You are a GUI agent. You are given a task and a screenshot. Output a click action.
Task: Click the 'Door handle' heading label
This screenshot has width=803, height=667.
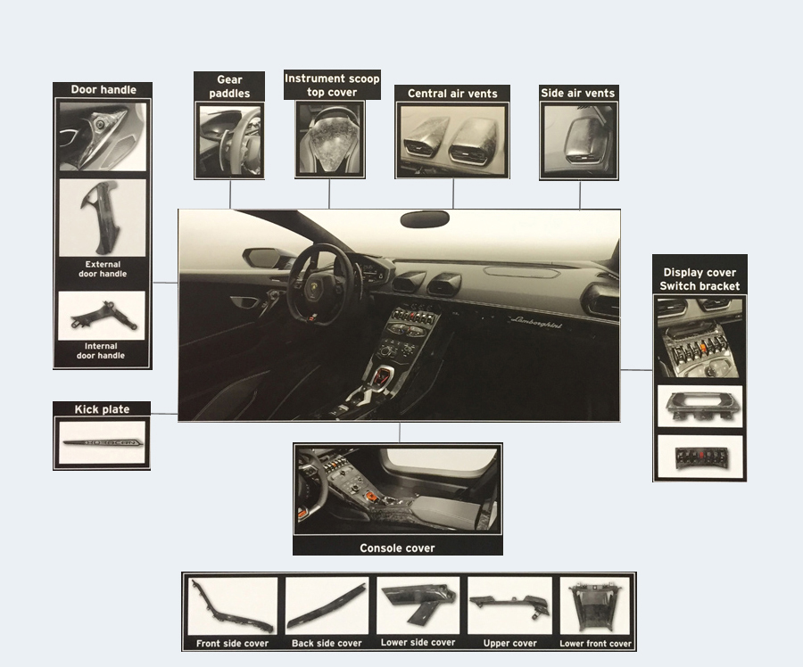click(103, 89)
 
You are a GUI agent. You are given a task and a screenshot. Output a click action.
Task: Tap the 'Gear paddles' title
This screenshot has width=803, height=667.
click(229, 86)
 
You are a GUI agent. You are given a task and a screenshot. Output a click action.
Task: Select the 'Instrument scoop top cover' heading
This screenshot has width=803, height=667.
click(332, 86)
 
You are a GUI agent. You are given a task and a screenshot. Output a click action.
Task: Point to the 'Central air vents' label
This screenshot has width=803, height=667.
click(452, 94)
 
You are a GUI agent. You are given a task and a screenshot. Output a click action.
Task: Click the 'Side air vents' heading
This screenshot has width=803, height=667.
click(577, 93)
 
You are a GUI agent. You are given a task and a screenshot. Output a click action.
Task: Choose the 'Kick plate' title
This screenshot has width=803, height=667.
click(102, 409)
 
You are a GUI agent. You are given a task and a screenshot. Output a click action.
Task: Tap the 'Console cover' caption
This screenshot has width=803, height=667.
click(397, 548)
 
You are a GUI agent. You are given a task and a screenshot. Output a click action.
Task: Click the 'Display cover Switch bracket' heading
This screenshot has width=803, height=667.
click(700, 279)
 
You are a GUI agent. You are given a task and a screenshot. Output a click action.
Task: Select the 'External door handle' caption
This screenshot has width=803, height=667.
click(103, 269)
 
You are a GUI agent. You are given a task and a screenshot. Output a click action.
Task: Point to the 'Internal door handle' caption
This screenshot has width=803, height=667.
click(101, 350)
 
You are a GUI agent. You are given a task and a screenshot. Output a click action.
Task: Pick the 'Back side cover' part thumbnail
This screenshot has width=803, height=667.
click(327, 606)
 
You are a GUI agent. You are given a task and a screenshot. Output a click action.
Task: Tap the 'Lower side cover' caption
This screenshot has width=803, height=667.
click(418, 642)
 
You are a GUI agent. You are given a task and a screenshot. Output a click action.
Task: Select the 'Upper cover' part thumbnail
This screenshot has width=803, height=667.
click(510, 606)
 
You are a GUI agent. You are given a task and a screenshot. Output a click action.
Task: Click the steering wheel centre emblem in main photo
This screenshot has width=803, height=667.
click(312, 290)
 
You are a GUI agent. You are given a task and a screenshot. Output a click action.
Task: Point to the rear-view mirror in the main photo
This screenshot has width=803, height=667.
click(425, 219)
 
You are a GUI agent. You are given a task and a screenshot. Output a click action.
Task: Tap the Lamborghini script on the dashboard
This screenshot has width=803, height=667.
click(535, 323)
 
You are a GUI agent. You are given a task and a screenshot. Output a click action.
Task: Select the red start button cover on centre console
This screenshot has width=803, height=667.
click(381, 379)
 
